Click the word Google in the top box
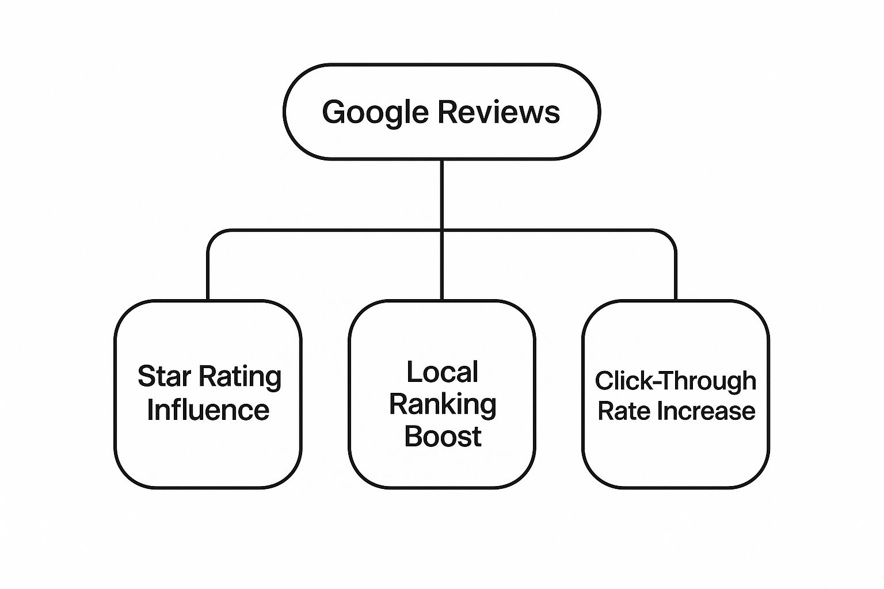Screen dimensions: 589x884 (x=375, y=112)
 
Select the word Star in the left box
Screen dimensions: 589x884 (x=164, y=377)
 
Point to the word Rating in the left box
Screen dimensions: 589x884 (x=241, y=378)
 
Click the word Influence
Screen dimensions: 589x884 (x=208, y=410)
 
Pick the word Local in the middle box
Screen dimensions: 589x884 (x=442, y=372)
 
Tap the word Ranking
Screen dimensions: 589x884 (x=442, y=405)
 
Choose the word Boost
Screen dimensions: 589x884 (x=442, y=437)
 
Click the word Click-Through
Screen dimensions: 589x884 (x=675, y=381)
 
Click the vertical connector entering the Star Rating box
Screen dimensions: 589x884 (x=208, y=276)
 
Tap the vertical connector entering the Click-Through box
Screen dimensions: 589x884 (x=675, y=276)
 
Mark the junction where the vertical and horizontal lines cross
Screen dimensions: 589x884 (x=441, y=231)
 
